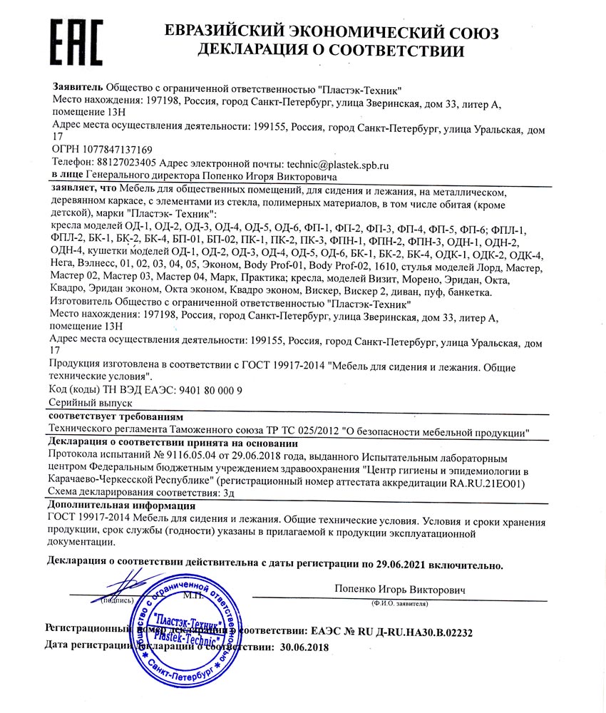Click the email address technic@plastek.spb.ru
pos(337,163)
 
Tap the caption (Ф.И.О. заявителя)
pos(399,603)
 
